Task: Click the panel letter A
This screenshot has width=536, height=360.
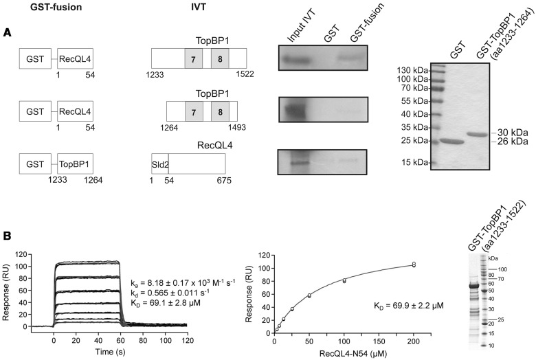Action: [x=7, y=32]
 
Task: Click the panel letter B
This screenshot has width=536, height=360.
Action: [x=7, y=236]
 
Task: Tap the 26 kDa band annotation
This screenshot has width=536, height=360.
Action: [x=511, y=142]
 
